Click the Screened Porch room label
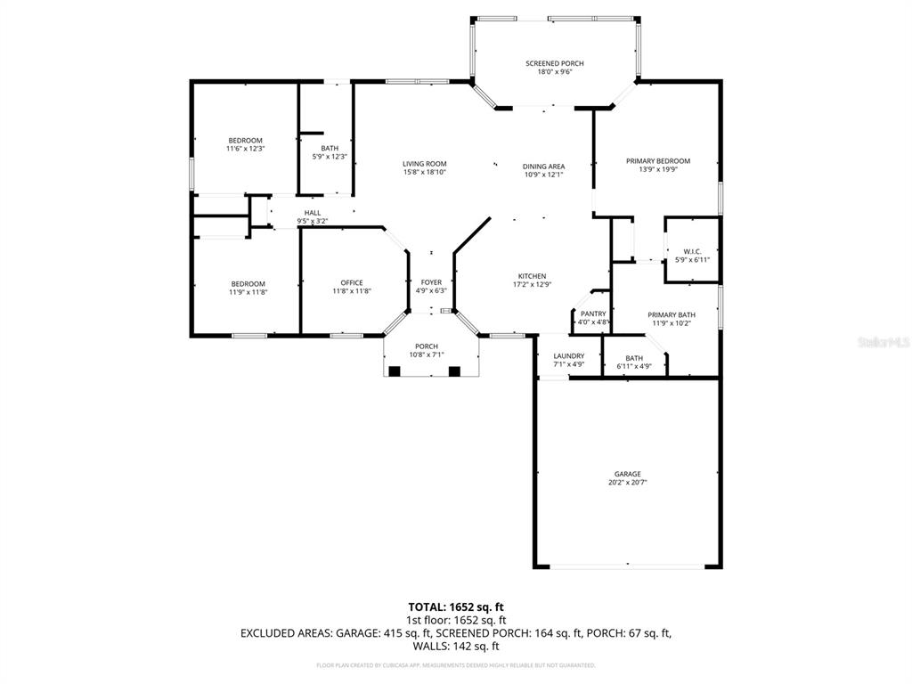[x=554, y=63]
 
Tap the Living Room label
[x=424, y=164]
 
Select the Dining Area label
[x=543, y=166]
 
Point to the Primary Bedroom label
[x=657, y=161]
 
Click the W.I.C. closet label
[x=692, y=251]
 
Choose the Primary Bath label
[x=672, y=314]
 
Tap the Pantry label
[x=592, y=313]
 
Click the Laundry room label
[x=568, y=356]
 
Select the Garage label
[x=626, y=474]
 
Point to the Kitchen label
[x=532, y=276]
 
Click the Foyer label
[x=431, y=282]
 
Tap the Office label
[x=351, y=283]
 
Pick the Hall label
[x=312, y=213]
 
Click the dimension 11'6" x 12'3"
[x=245, y=150]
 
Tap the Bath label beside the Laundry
[x=633, y=358]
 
